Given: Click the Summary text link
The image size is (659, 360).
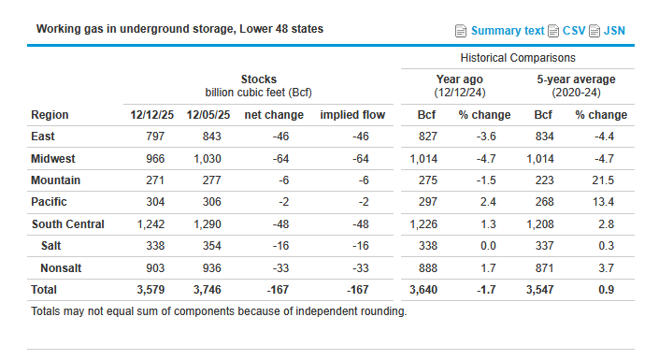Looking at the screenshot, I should click(508, 31).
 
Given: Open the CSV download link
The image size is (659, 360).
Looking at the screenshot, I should click(574, 31).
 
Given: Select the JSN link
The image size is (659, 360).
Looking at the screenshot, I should click(614, 31).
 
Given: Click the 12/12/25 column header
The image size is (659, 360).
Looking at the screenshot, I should click(150, 115).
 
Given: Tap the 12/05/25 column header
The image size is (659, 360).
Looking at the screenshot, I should click(206, 115).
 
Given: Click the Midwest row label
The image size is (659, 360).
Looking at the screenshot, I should click(55, 159).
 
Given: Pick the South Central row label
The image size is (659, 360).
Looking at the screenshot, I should click(67, 224).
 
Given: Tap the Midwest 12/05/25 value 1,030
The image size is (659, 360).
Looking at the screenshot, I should click(208, 159).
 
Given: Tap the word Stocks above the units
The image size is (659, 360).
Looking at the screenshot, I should click(258, 79).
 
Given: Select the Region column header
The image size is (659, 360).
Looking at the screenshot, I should click(50, 115).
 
